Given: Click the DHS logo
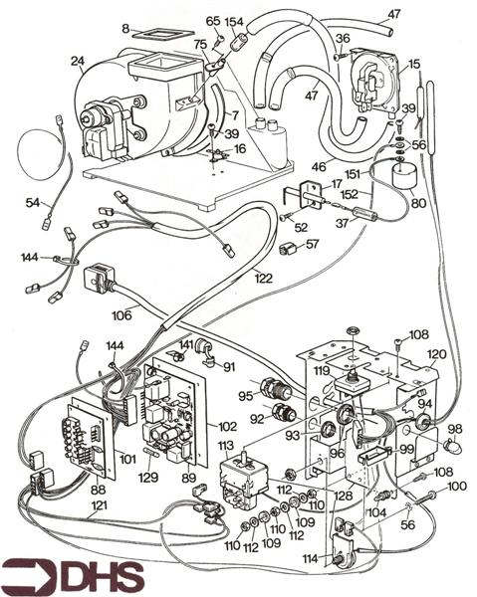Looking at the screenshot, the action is [x=72, y=576].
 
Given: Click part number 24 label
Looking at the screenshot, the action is [x=78, y=61].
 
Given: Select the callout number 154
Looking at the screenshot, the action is [x=234, y=22].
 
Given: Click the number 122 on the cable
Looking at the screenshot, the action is [x=264, y=279].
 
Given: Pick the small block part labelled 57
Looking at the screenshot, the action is [x=289, y=249].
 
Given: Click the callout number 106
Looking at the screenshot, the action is [x=121, y=315].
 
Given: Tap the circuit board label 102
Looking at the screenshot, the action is [x=227, y=426].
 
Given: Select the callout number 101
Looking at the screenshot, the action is [x=126, y=459].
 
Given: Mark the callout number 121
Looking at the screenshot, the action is [x=99, y=505].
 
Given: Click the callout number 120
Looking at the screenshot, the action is [x=436, y=354].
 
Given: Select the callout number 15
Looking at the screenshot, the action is [x=414, y=64].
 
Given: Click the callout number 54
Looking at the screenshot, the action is [x=33, y=203].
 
